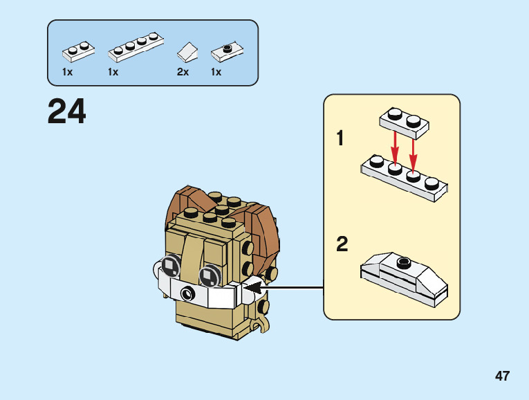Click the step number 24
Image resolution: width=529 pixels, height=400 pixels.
click(67, 111)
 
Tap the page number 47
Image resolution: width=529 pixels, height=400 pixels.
click(502, 376)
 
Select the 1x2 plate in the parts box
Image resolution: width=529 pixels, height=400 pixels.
click(78, 52)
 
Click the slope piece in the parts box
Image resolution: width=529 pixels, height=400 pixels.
click(187, 53)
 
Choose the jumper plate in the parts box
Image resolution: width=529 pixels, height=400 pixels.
click(227, 52)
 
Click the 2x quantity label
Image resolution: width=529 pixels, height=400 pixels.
click(183, 72)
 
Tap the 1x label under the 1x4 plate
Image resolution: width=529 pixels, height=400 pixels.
click(113, 72)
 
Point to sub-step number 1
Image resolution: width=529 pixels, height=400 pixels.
click(340, 138)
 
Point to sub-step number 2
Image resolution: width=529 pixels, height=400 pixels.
click(342, 244)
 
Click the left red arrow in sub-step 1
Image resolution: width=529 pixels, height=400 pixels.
click(395, 148)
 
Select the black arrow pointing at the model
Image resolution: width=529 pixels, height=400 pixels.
click(284, 288)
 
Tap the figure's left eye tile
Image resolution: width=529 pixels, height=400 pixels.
click(171, 266)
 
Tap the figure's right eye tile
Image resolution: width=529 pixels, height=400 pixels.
click(210, 275)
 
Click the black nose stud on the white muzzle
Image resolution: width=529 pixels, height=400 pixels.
click(187, 293)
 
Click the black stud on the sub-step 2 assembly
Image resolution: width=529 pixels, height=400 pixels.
click(404, 262)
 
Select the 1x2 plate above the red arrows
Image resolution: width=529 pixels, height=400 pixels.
click(404, 123)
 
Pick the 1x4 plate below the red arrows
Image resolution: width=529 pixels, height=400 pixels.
click(404, 178)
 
